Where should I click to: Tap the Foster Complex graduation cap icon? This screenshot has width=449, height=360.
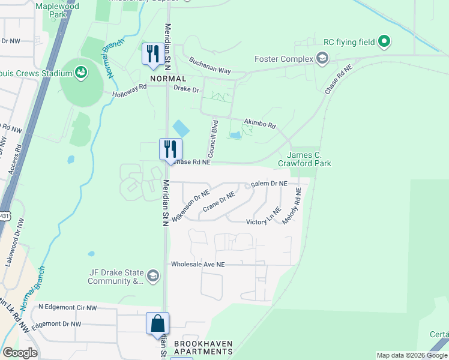coord(322,58)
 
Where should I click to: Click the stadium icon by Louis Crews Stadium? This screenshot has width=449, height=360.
coord(80,73)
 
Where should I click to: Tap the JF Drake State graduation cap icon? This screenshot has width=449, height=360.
coord(153,276)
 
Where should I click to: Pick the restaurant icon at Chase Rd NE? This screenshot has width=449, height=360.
coord(170,148)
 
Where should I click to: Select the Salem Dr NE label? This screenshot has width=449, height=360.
coord(270,184)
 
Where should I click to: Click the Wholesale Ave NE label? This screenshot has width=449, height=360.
coord(197,264)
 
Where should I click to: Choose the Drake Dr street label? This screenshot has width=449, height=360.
coord(186,89)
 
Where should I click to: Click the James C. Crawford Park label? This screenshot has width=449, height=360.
coord(304,159)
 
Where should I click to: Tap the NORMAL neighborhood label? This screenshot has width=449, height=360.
coord(168,79)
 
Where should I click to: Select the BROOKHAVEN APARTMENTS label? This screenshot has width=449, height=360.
coord(203,348)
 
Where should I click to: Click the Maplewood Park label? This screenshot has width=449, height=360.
coord(57,10)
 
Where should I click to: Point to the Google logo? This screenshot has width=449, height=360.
coord(20,353)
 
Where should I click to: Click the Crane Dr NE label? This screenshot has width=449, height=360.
coord(218,202)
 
